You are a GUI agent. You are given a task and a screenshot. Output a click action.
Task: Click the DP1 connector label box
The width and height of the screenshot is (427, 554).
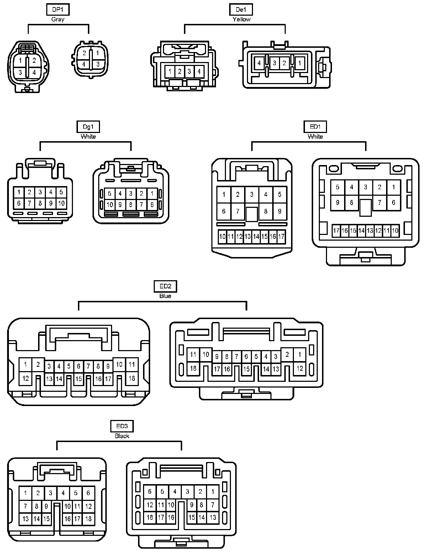coord(58,10)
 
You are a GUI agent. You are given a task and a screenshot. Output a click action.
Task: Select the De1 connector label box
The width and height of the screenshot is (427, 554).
coord(241,10)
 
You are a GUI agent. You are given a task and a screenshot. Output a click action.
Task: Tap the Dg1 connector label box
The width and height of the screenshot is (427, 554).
coord(88,127)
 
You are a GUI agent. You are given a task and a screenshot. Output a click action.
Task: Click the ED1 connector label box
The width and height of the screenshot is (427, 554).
coord(315,127)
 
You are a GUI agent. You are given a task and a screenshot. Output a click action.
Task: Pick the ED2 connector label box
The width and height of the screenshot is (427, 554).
coord(165,286)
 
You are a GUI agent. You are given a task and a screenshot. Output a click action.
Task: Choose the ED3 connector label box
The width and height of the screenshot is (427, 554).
coord(122,426)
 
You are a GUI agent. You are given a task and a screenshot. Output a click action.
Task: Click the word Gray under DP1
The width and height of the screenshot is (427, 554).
coord(58,19)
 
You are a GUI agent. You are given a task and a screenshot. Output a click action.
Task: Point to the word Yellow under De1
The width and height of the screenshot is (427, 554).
coord(241,19)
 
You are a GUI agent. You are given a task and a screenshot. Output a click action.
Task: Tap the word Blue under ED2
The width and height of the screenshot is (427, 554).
coord(165,296)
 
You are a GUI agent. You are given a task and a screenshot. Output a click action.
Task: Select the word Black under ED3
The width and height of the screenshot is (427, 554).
coord(122,436)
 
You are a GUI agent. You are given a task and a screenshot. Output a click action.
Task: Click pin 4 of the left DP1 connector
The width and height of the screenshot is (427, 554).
coord(34,72)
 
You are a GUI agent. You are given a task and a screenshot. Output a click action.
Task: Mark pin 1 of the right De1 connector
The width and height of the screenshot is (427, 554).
coord(300,63)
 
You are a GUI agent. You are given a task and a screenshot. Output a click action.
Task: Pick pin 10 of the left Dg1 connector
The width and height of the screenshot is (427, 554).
coord(61,204)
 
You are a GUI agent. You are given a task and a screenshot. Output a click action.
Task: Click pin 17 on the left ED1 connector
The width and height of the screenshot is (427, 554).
coord(281,236)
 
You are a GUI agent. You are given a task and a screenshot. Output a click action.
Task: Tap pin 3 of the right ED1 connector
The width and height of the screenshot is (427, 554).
coord(365,187)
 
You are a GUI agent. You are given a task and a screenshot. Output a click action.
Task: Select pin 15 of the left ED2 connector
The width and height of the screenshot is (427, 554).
coord(79,379)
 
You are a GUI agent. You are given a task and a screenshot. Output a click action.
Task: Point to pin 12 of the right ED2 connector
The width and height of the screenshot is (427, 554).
coord(300,368)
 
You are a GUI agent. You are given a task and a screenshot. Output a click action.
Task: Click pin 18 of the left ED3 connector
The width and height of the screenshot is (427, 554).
coord(88,519)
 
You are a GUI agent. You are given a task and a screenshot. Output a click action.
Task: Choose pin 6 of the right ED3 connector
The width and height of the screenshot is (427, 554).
coord(150,492)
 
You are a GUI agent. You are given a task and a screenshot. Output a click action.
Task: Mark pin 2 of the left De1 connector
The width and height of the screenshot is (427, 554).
coord(180,72)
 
